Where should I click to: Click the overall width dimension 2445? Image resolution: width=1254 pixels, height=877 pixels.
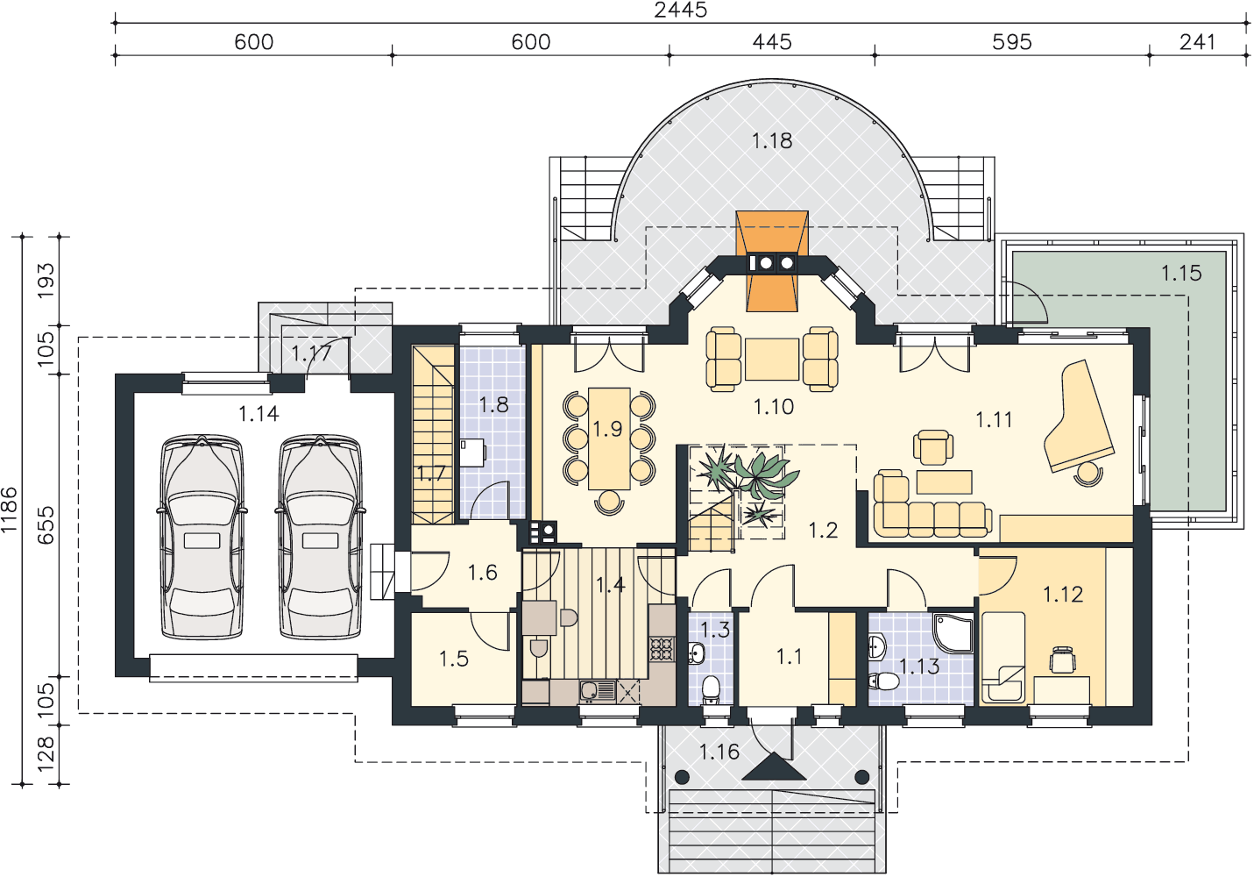(x=680, y=10)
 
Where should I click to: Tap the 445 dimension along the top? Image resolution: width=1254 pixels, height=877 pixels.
(x=772, y=42)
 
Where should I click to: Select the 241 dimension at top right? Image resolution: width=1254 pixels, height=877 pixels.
(x=1197, y=42)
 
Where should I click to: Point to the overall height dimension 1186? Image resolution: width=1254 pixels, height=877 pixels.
(x=9, y=510)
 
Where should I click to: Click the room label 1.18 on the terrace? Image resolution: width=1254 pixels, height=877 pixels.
(x=772, y=140)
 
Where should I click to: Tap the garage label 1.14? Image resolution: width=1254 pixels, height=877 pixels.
(x=259, y=414)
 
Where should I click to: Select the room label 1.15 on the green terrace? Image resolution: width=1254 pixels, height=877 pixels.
(x=1181, y=274)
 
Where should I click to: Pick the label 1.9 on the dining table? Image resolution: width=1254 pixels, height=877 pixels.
(x=608, y=429)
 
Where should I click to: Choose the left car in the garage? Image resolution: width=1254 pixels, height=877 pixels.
(x=202, y=537)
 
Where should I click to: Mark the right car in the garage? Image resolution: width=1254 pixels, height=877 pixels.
(x=320, y=537)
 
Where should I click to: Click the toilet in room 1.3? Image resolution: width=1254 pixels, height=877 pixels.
(x=711, y=690)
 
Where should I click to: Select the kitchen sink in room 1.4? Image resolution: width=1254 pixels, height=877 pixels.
(x=590, y=691)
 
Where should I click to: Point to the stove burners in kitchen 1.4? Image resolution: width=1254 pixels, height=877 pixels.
(x=662, y=649)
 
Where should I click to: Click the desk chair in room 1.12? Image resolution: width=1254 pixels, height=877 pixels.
(x=1062, y=659)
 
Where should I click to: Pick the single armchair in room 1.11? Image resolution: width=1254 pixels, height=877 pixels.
(x=932, y=447)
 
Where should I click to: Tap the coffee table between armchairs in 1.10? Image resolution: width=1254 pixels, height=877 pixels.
(x=772, y=359)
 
